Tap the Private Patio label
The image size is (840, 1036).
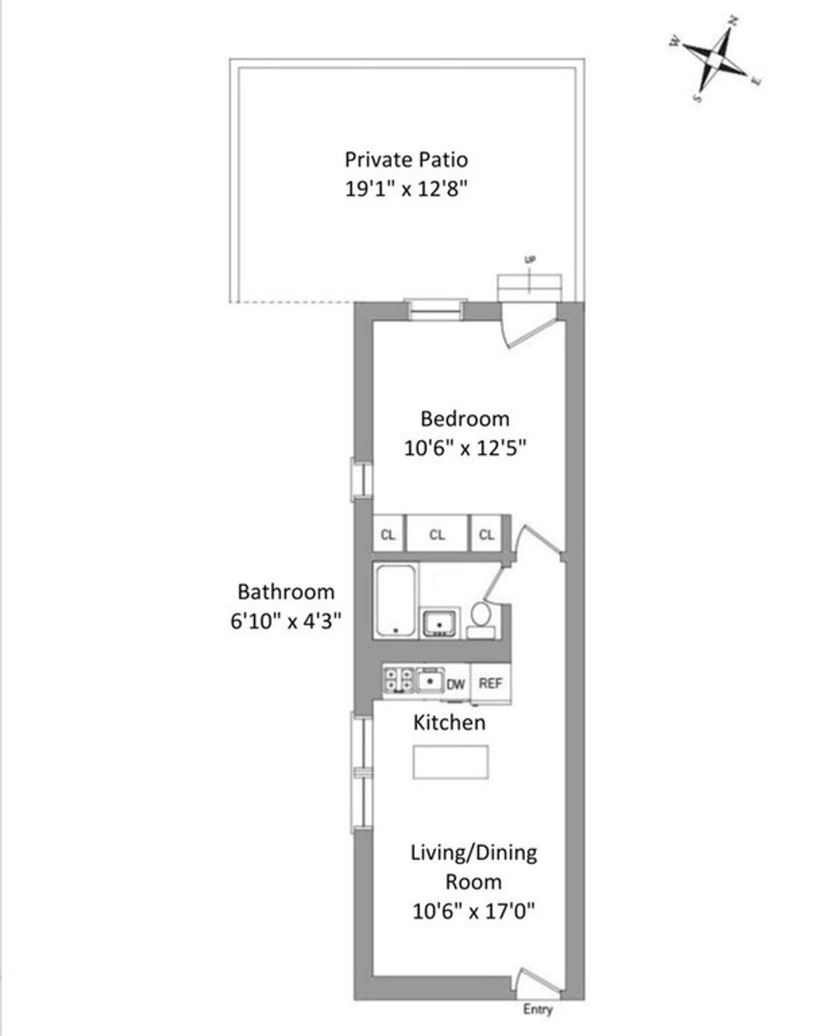click(406, 160)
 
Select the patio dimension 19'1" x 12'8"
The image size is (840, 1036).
click(406, 188)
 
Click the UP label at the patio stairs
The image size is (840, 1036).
click(530, 260)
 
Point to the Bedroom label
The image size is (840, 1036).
click(465, 420)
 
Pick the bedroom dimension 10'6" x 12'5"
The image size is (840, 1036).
click(465, 448)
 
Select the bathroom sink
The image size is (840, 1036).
click(440, 623)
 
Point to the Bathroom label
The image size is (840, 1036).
click(286, 593)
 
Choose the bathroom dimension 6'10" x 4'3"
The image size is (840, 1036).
click(286, 621)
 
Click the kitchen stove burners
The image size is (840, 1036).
click(398, 679)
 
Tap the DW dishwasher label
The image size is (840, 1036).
click(456, 684)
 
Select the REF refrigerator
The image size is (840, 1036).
click(491, 684)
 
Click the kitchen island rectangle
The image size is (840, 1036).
click(451, 762)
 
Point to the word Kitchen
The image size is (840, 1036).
click(449, 723)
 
